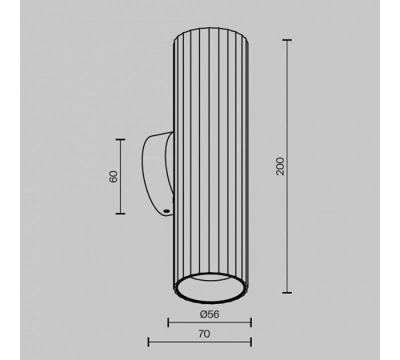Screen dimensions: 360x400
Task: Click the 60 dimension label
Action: click(114, 177)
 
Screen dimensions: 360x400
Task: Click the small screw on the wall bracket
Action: click(165, 210)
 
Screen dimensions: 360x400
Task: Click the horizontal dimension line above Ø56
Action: click(210, 322)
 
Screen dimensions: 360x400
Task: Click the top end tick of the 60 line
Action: click(120, 140)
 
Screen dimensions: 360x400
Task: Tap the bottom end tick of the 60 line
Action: click(120, 214)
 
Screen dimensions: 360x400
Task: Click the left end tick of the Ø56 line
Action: click(168, 322)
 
